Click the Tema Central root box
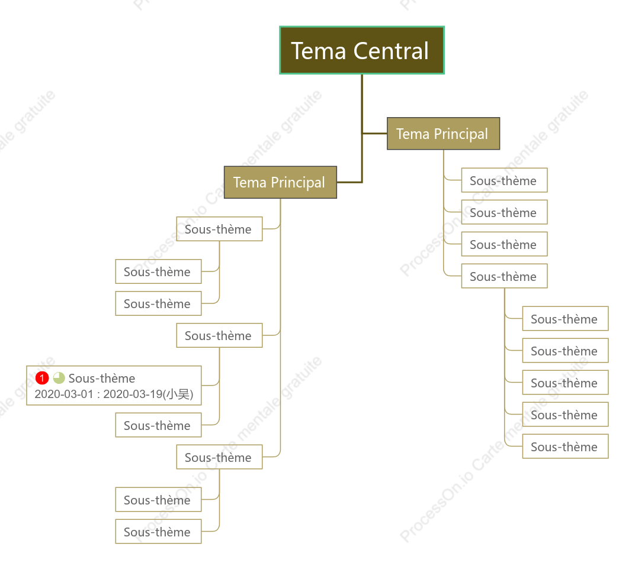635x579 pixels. (x=362, y=50)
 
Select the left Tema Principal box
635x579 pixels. (x=280, y=182)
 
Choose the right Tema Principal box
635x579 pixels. (x=444, y=134)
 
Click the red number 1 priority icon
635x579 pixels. (x=42, y=378)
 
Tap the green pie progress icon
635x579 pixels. (x=59, y=378)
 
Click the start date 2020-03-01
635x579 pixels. (x=64, y=394)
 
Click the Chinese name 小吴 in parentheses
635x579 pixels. (x=177, y=394)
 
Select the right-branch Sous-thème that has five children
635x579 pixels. (x=504, y=276)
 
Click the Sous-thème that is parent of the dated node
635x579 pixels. (x=220, y=335)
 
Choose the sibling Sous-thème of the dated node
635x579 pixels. (x=158, y=425)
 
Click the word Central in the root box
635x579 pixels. (x=391, y=51)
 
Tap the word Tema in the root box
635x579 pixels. (x=318, y=51)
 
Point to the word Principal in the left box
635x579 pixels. (x=297, y=183)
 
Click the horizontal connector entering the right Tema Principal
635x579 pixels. (x=374, y=134)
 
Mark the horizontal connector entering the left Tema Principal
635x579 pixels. (x=349, y=182)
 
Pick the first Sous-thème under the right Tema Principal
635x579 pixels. (x=504, y=180)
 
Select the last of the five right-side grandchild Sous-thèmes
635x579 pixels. (x=565, y=447)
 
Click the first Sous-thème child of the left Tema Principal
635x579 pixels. (x=220, y=229)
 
